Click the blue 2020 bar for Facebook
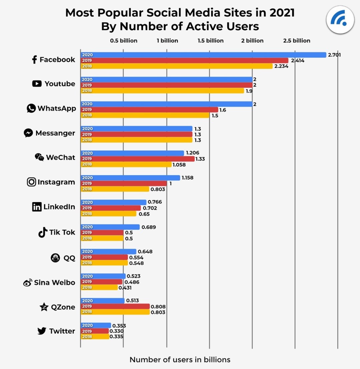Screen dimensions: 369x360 pos(203,55)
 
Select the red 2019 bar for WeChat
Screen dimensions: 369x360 pos(137,159)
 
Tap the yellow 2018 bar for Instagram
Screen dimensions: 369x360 pos(115,189)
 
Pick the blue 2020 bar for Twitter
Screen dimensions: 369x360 pos(96,325)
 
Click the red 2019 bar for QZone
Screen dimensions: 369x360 pos(115,306)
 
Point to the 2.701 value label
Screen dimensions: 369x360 pos(334,55)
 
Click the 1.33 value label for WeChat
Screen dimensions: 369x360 pos(200,159)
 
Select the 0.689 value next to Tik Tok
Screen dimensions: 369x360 pos(149,227)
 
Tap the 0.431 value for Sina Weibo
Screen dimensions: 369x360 pos(125,287)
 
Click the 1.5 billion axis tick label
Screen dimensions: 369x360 pos(211,41)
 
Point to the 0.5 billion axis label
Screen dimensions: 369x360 pos(124,41)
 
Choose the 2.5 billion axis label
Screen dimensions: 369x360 pos(297,41)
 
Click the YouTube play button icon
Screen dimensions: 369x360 pos(37,84)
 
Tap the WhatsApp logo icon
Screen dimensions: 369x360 pos(31,108)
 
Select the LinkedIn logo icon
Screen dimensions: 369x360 pos(37,207)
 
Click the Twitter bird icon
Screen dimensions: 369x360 pos(42,331)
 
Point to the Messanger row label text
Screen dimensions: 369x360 pos(55,133)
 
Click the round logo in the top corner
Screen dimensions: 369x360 pos(340,20)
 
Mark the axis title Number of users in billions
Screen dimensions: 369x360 pos(180,359)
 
